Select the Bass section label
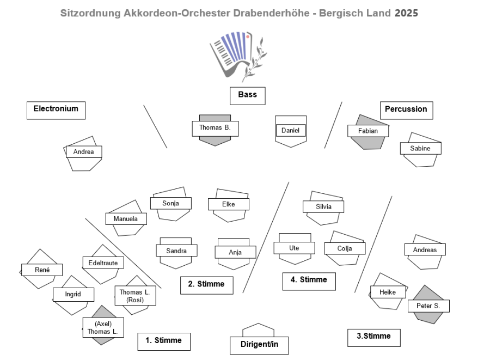247,95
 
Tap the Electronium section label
56,109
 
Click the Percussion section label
406,109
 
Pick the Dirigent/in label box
257,344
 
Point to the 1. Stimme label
163,341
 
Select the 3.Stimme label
373,337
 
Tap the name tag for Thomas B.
215,128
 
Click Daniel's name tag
291,131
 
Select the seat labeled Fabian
368,131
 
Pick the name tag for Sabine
420,148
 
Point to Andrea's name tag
84,152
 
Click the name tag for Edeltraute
103,263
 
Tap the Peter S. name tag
428,306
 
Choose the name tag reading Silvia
323,207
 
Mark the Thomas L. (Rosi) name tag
135,296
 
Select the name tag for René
42,270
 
